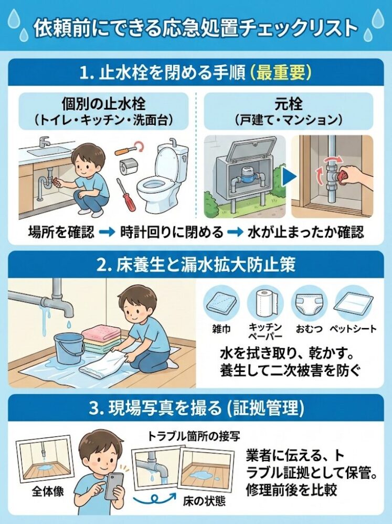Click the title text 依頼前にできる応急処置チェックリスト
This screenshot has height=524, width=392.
coord(196,27)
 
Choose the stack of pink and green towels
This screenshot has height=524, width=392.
coord(102,339)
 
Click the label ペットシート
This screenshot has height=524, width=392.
coord(353,329)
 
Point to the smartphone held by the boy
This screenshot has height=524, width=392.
coord(114,485)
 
